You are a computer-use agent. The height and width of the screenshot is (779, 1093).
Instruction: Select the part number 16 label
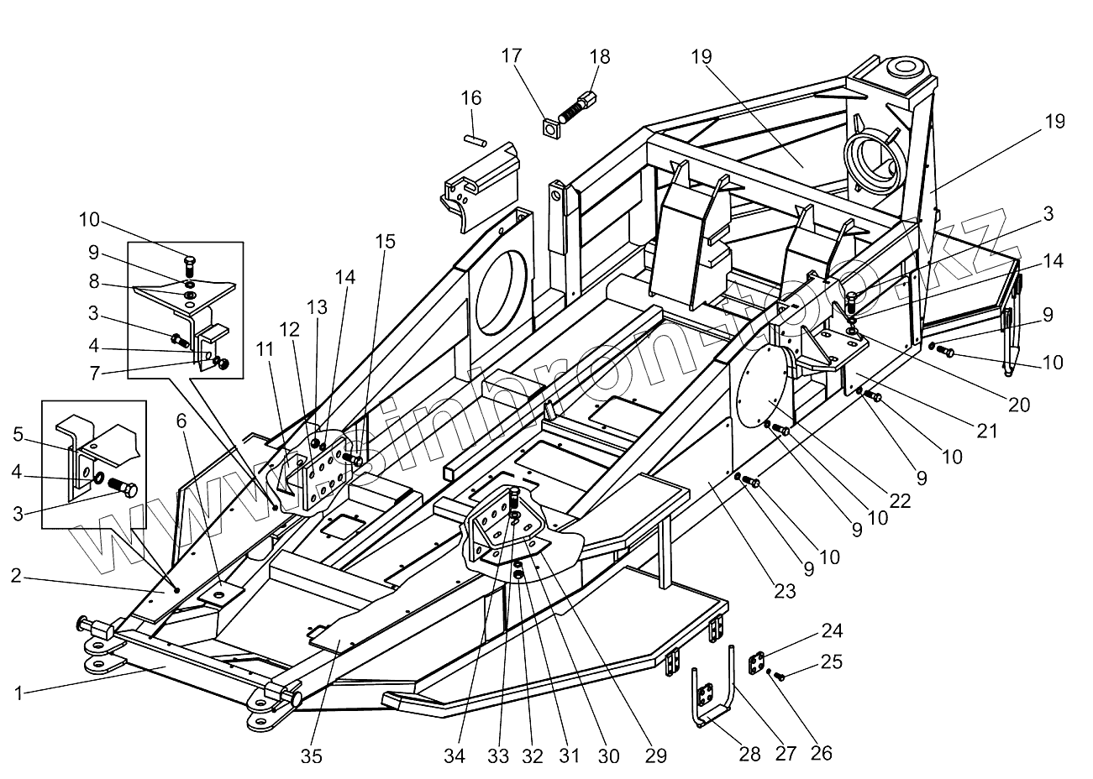point(470,98)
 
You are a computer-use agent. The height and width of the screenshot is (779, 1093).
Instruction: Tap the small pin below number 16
point(475,139)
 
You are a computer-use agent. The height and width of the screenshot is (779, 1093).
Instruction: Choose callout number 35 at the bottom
point(312,756)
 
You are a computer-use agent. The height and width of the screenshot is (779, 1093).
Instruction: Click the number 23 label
point(784,590)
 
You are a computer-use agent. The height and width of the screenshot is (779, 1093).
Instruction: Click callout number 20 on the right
point(1018,405)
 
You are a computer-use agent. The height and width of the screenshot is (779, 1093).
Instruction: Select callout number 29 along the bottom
point(656,756)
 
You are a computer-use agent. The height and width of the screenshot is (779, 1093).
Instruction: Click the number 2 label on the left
point(17,575)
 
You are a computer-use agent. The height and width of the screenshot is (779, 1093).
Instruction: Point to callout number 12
point(289,332)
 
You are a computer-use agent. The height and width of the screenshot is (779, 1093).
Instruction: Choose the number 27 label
point(785,753)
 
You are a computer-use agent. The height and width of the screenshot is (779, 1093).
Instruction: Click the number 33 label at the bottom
point(498,756)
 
